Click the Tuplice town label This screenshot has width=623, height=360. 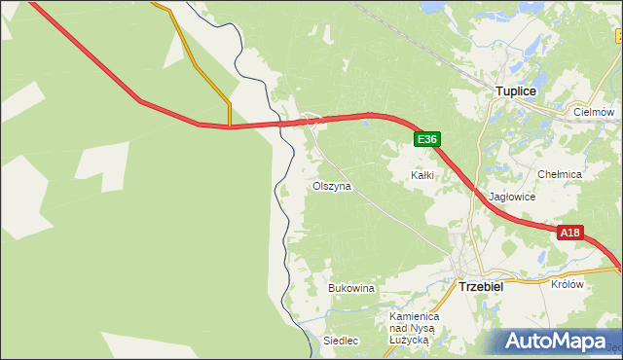[516, 90]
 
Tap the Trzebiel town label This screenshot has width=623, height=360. [479, 287]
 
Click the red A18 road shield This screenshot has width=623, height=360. [570, 233]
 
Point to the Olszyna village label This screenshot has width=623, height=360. [331, 185]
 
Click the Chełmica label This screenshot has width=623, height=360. [560, 174]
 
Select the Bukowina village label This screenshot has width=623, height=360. [351, 289]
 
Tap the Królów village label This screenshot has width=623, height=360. [567, 285]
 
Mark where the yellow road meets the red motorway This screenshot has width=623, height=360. [230, 126]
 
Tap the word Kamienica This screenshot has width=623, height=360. [416, 317]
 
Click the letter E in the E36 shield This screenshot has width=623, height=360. [421, 140]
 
